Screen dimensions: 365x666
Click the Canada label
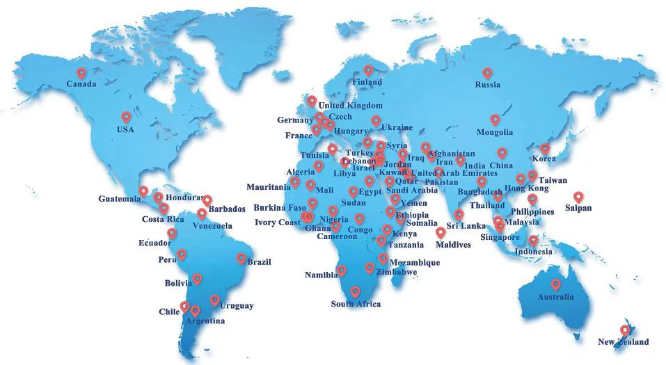point(81,84)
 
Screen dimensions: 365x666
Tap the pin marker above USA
point(126,117)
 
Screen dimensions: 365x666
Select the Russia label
point(487,85)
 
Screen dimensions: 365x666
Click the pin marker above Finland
point(368,70)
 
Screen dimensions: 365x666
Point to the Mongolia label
point(494,132)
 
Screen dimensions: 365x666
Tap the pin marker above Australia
point(555,284)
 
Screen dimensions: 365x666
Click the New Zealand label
point(623,341)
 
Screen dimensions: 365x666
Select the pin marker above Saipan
point(578,197)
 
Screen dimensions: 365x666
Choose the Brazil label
point(259,262)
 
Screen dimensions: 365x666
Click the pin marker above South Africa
point(355,292)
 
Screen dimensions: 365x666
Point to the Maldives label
point(453,245)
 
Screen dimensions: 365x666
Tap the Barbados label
point(227,209)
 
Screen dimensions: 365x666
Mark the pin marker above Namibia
point(341,270)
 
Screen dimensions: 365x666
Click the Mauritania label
point(268,187)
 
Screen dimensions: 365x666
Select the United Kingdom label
point(356,106)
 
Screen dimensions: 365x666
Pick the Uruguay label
point(237,306)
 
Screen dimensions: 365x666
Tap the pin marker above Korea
point(545,149)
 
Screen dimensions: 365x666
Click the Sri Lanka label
point(466,226)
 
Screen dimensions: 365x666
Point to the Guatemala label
point(119,199)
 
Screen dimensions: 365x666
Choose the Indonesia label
point(533,252)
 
